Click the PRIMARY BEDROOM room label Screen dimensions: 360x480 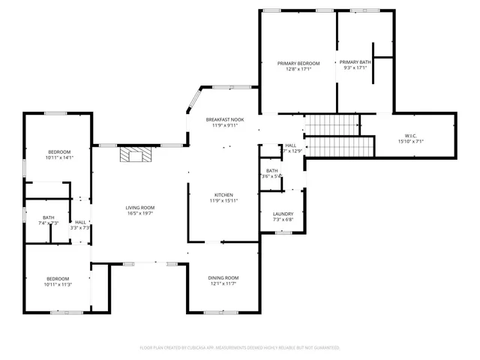(x=298, y=63)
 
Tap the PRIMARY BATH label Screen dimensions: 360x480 (x=354, y=62)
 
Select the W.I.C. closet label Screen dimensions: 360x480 (x=410, y=136)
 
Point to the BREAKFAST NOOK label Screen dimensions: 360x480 (x=225, y=119)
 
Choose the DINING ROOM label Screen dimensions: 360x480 (x=223, y=277)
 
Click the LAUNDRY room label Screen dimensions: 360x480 (x=283, y=214)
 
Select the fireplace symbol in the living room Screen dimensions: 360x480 (x=136, y=154)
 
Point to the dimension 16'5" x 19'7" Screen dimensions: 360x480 (x=139, y=214)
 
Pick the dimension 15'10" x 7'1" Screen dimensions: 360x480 (x=410, y=141)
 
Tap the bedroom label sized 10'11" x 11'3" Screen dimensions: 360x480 (x=57, y=279)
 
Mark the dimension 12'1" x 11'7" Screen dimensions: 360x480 (x=223, y=283)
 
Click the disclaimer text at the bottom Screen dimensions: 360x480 (x=240, y=348)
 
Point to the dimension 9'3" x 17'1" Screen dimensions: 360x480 (x=354, y=68)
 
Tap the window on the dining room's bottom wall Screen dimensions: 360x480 (x=223, y=310)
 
